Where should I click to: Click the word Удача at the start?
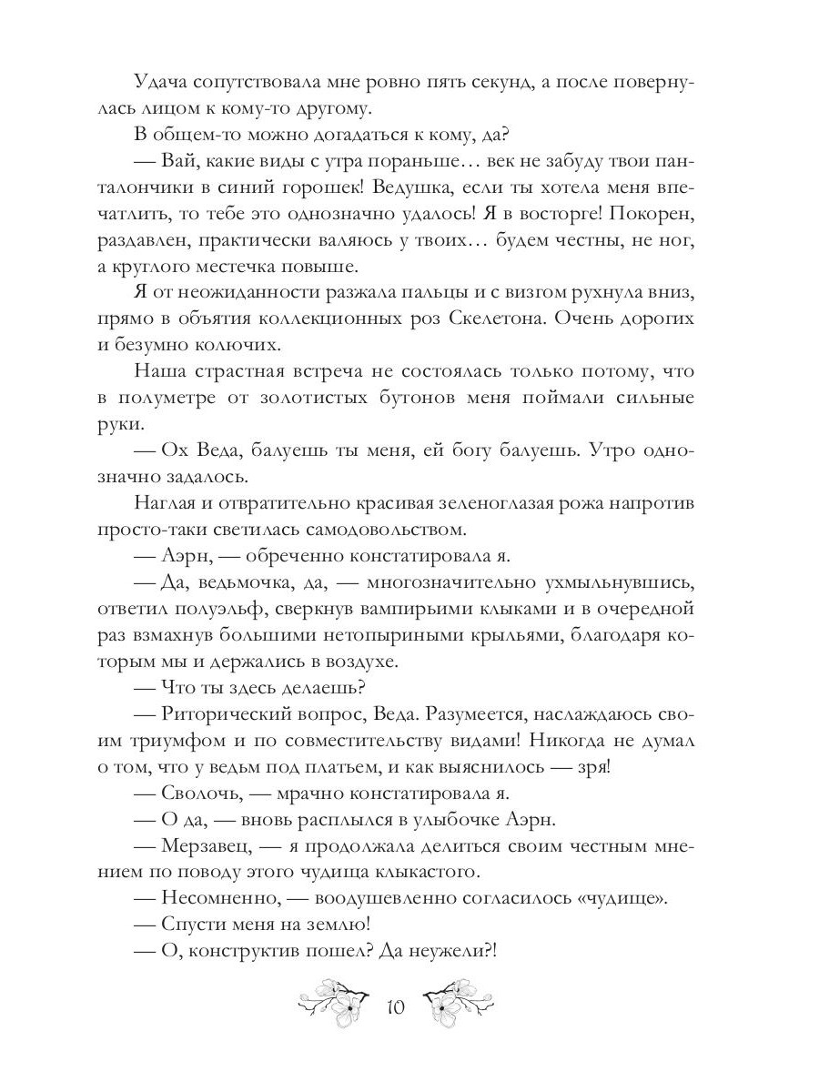pos(165,82)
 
